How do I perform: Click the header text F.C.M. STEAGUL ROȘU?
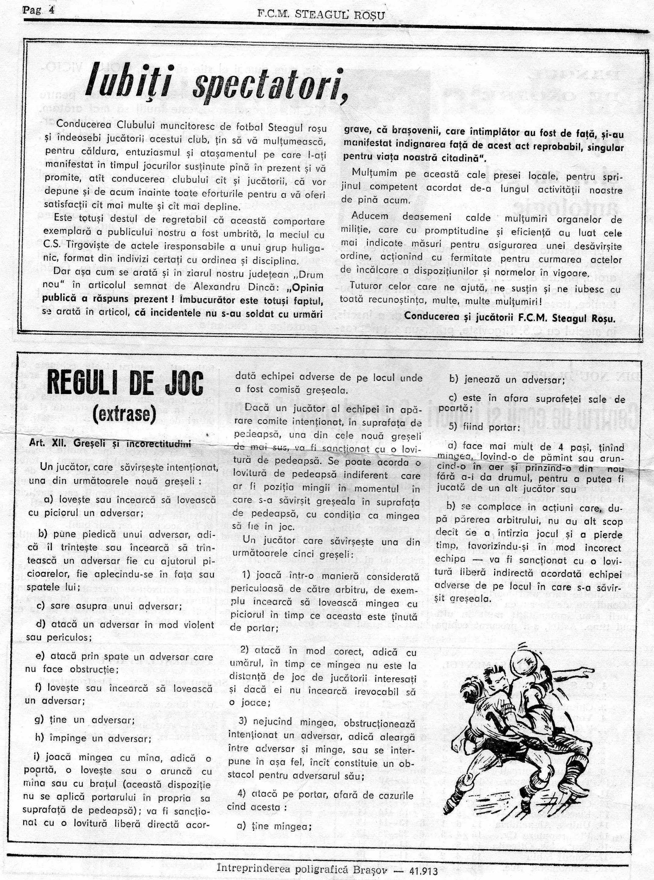(x=321, y=15)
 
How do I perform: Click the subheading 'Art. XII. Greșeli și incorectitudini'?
(x=110, y=444)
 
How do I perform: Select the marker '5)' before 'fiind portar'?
(x=455, y=428)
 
